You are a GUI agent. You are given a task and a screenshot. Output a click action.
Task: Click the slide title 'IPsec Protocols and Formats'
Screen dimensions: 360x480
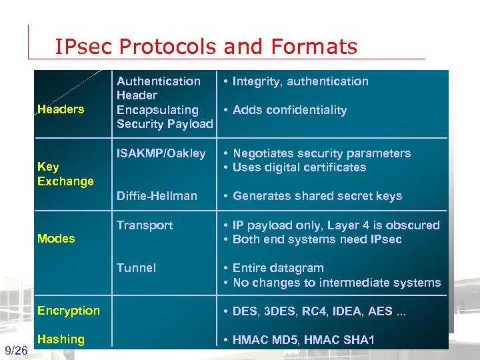(206, 47)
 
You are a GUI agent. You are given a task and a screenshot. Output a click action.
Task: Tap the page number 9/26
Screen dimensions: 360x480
(15, 351)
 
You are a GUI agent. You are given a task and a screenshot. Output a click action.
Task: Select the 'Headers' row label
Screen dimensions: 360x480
(61, 109)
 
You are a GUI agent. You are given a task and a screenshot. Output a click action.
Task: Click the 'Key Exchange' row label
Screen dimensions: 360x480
(65, 174)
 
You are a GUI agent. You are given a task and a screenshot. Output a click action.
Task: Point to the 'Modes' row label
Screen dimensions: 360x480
(56, 239)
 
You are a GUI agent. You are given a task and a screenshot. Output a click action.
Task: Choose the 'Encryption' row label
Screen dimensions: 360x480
(69, 311)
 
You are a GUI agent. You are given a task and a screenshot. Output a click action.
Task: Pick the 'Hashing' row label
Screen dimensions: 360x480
(61, 339)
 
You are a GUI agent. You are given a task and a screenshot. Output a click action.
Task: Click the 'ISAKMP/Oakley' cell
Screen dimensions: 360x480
(161, 153)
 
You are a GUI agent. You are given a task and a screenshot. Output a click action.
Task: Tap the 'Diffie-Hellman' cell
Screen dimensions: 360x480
(157, 196)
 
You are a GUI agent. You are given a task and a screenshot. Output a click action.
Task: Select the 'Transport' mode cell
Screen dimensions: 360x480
(145, 225)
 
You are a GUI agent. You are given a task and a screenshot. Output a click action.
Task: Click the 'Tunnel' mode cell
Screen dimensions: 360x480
(136, 268)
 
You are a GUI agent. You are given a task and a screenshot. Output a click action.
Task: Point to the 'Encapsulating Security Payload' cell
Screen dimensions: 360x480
(164, 117)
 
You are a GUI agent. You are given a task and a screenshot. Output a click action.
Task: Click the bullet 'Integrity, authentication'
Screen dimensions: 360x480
(300, 81)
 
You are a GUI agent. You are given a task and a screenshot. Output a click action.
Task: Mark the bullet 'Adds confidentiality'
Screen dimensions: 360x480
(289, 110)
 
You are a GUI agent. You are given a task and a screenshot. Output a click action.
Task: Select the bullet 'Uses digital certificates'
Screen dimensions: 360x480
(299, 167)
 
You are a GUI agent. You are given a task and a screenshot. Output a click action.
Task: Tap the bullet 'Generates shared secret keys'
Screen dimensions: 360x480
(317, 196)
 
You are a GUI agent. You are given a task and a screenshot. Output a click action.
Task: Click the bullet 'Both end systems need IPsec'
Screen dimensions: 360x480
(317, 239)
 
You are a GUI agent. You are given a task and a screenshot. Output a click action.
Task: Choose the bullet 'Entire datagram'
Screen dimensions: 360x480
(278, 268)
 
